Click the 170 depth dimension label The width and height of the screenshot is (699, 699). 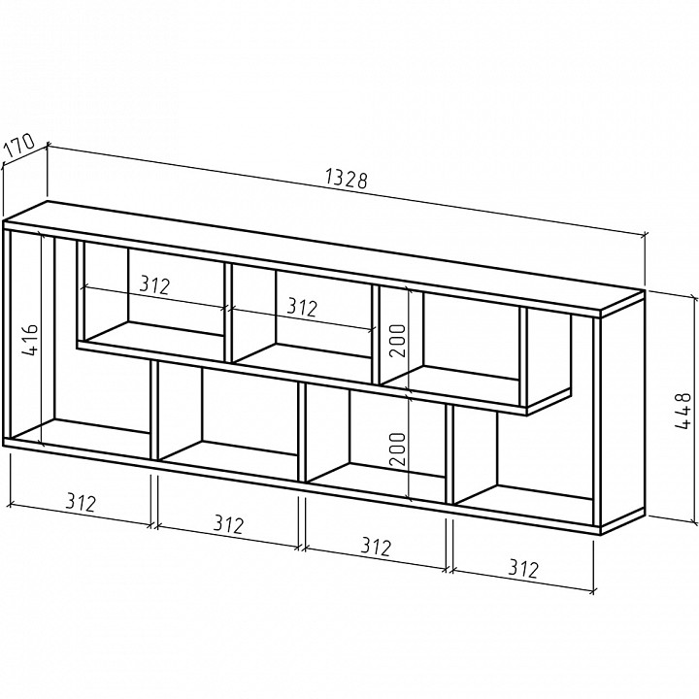[x=19, y=146]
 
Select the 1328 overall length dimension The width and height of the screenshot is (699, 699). [x=347, y=178]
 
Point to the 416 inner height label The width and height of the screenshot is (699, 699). [x=31, y=340]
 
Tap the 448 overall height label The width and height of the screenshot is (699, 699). [x=682, y=411]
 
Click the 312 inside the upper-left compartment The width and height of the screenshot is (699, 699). [x=154, y=284]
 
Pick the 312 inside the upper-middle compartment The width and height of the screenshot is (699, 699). [x=302, y=307]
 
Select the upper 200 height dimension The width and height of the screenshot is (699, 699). [x=398, y=341]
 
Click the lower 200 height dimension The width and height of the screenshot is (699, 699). [x=398, y=449]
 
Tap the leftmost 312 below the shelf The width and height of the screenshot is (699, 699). [x=82, y=502]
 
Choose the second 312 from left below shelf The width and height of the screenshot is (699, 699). [x=229, y=524]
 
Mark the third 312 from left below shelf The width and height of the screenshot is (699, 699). [x=377, y=546]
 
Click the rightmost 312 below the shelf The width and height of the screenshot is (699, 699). [x=524, y=568]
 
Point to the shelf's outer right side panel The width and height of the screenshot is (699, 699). [x=622, y=414]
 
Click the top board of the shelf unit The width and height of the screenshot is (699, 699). [x=323, y=257]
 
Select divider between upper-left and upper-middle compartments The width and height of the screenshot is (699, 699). [x=228, y=312]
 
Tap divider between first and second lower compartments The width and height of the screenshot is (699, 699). [x=154, y=410]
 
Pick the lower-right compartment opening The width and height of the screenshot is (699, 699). [x=523, y=465]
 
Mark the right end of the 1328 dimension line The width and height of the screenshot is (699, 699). [x=645, y=235]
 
